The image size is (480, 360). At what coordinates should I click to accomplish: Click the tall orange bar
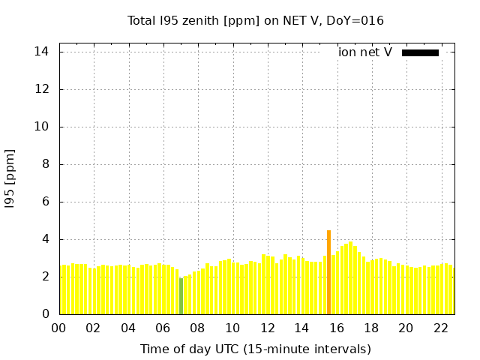coord(328,272)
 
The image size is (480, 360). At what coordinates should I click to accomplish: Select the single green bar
coord(181,295)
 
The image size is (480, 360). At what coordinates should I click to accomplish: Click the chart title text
coord(256,20)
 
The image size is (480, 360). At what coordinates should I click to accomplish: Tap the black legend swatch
coord(420,52)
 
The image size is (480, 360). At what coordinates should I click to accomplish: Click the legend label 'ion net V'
coord(365,52)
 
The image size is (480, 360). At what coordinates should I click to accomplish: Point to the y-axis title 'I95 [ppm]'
coord(10,178)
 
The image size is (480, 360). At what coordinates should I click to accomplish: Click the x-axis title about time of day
coord(256,349)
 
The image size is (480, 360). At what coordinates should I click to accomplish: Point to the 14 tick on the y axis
coord(42,52)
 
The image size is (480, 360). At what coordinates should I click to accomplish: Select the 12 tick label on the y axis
coord(42,89)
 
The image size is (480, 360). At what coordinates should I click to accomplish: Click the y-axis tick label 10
coord(42,127)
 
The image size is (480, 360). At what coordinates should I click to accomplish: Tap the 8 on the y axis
coord(46,164)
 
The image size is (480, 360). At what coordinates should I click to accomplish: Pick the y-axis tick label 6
coord(46,202)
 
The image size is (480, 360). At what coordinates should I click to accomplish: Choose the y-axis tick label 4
coord(46,239)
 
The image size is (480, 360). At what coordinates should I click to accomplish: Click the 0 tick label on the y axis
coord(46,314)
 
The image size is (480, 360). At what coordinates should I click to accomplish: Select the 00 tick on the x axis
coord(58,328)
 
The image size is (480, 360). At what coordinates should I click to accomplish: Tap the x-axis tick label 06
coord(163,328)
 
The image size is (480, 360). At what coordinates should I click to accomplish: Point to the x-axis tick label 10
coord(232,328)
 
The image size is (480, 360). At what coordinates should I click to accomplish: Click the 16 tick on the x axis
coord(337,328)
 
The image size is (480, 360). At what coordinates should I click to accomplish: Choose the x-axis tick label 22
coord(441,328)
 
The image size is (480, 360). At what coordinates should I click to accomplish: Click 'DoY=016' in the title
coord(355,20)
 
